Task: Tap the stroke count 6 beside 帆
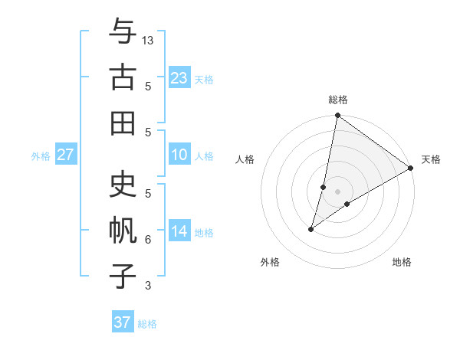point(148,240)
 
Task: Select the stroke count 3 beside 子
point(148,286)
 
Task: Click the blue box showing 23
point(179,78)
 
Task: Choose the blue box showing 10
point(179,155)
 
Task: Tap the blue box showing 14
point(179,232)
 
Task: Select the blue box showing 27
point(66,155)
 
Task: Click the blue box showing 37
point(123,322)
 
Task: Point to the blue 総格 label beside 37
point(147,324)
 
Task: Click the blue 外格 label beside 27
point(41,156)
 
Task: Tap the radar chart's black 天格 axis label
point(431,159)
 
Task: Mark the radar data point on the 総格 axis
point(337,116)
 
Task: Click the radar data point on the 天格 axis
point(411,169)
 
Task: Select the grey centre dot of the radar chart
point(337,191)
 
